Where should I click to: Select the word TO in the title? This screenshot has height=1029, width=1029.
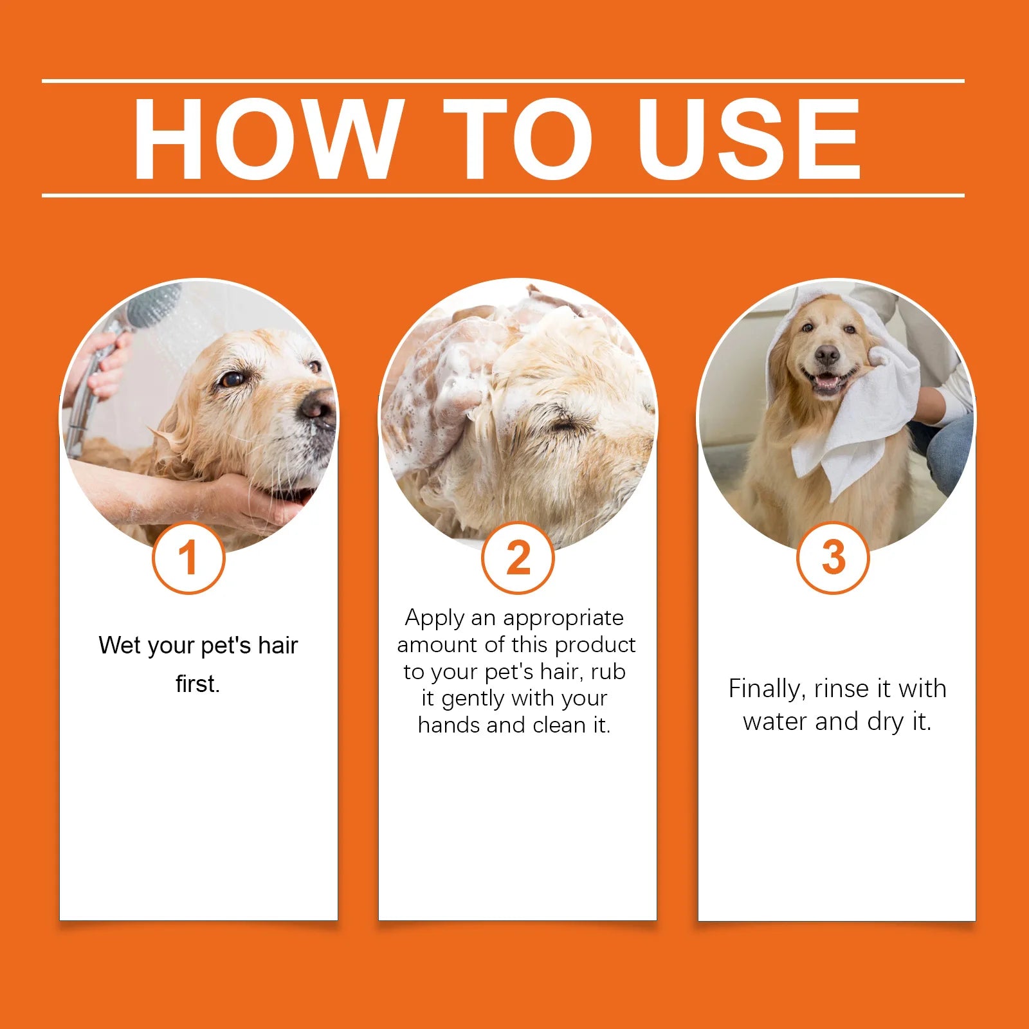[x=518, y=140]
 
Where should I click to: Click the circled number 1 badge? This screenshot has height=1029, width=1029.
[x=188, y=558]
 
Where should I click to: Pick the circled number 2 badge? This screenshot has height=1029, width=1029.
[x=518, y=558]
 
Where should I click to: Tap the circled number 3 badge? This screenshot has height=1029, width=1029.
[x=833, y=558]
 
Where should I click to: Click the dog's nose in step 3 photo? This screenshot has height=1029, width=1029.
[x=826, y=354]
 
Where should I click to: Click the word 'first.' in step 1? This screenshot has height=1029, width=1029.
[x=198, y=684]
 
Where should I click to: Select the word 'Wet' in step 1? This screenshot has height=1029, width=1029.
[x=119, y=645]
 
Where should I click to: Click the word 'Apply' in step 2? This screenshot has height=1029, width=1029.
[x=435, y=618]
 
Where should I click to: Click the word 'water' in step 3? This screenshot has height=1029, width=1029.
[x=775, y=722]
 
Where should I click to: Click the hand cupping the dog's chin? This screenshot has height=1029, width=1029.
[x=257, y=498]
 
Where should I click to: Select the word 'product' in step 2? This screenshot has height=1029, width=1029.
[x=595, y=644]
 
